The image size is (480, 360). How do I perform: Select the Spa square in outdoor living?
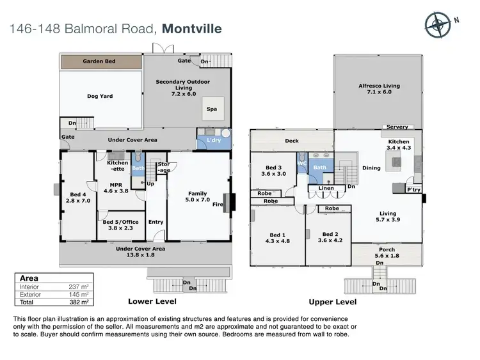click(211, 109)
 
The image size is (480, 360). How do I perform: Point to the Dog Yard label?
click(100, 97)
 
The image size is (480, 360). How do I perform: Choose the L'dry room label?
click(213, 141)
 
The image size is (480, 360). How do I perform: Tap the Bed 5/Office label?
click(121, 223)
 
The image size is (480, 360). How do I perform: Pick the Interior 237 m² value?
click(79, 288)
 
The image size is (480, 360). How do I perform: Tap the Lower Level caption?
click(152, 301)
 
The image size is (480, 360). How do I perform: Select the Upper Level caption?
click(332, 302)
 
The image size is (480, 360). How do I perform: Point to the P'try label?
click(414, 189)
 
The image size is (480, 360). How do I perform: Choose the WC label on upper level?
click(302, 163)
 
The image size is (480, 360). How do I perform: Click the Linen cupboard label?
click(326, 187)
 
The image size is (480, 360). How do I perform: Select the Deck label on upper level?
click(291, 141)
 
